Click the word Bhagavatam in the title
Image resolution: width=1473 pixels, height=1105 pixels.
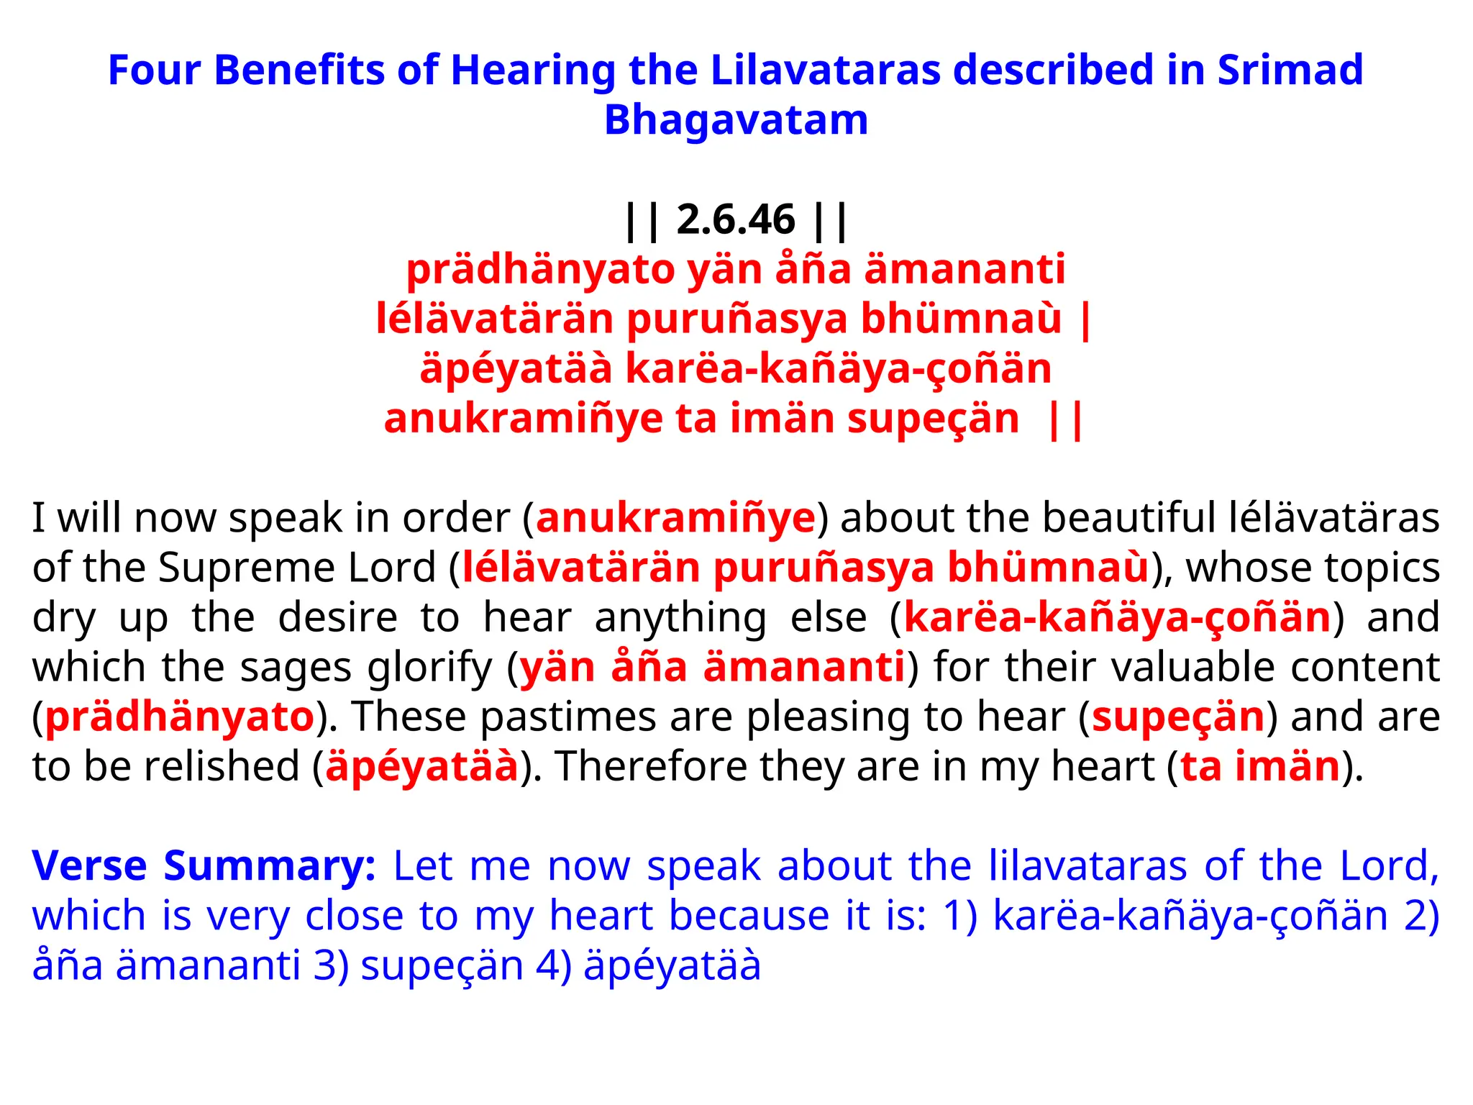coord(736,120)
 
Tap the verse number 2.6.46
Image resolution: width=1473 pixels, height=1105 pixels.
coord(736,219)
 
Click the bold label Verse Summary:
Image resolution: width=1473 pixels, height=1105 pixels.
coord(204,865)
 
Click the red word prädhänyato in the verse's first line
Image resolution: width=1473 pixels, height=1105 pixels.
coord(539,270)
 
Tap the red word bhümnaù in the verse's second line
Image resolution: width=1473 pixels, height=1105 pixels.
coord(961,319)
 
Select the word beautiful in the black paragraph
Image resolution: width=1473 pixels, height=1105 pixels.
coord(1128,518)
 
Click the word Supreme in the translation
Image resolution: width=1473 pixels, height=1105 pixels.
coord(247,568)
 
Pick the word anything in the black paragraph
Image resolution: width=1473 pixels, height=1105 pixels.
coord(680,618)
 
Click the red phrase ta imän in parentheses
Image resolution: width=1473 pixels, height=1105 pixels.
coord(1260,766)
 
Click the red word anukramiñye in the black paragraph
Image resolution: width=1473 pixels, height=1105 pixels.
coord(675,518)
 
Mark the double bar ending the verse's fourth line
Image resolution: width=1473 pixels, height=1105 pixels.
coord(1066,419)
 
